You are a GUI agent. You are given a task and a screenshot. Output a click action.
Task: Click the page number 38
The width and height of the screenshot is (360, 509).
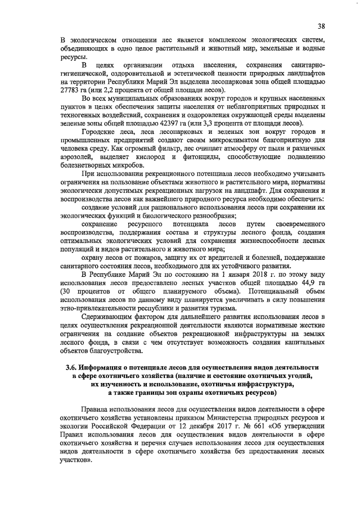coord(320,26)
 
